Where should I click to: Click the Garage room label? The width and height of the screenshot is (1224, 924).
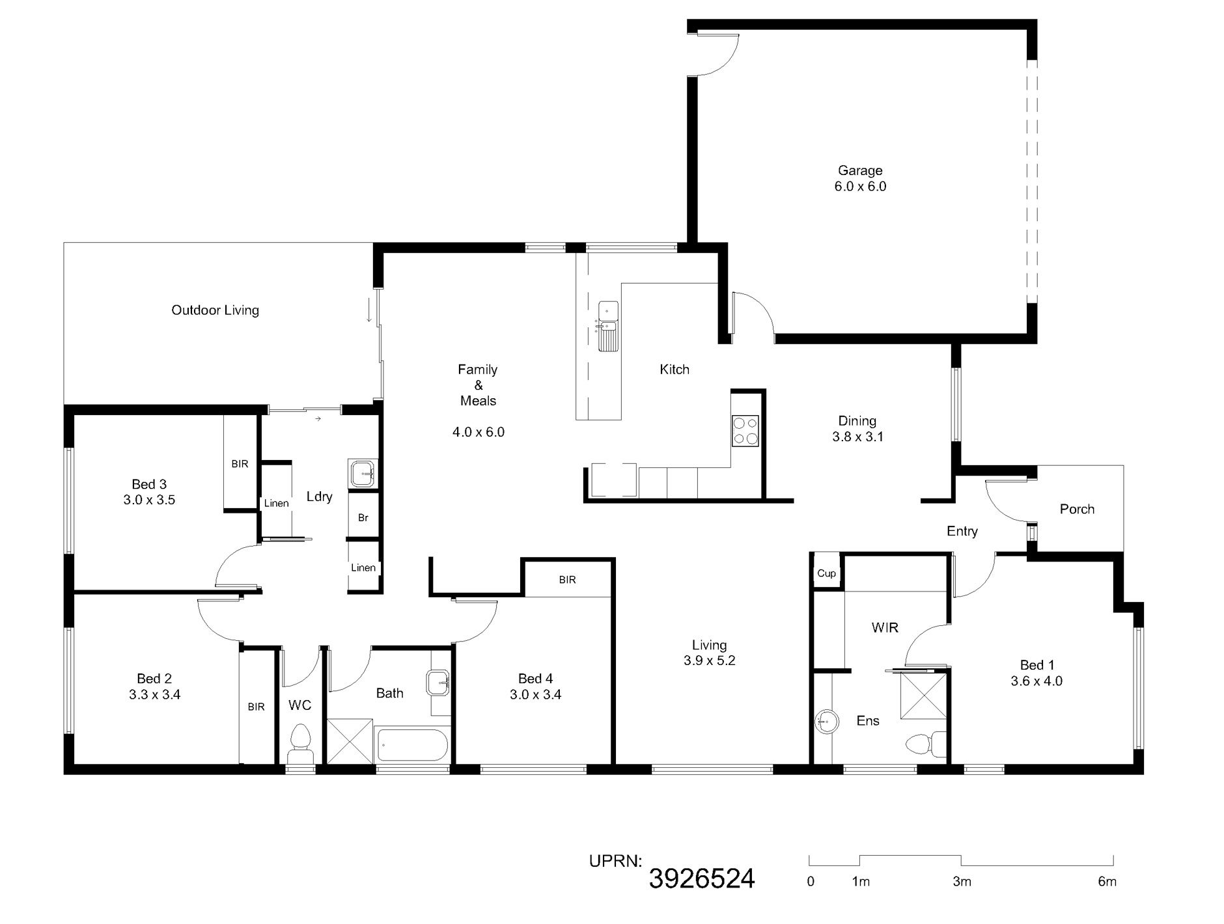[x=860, y=170]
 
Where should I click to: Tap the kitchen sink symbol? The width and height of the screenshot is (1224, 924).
[x=608, y=326]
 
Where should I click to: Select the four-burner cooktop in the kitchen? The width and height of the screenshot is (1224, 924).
[x=745, y=430]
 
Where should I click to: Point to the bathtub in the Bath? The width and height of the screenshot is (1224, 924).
[x=412, y=745]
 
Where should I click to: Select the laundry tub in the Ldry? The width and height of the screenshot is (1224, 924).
[x=363, y=473]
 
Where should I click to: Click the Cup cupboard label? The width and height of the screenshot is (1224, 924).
[x=826, y=573]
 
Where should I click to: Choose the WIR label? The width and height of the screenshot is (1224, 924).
[x=885, y=627]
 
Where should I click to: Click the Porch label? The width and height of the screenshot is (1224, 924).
[x=1077, y=509]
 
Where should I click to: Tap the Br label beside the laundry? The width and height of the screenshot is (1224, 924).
[x=363, y=518]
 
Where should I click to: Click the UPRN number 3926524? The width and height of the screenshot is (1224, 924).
[x=702, y=878]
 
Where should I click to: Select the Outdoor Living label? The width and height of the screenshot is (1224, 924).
[x=215, y=310]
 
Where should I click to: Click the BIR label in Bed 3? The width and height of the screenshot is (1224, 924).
[x=240, y=464]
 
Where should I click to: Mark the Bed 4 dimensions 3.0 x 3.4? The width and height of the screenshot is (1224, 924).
[x=535, y=694]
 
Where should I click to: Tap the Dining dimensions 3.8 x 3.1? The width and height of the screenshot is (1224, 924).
[x=857, y=437]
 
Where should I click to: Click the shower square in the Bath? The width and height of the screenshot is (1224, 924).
[x=350, y=741]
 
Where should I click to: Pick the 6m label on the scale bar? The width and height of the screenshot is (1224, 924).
[x=1107, y=882]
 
